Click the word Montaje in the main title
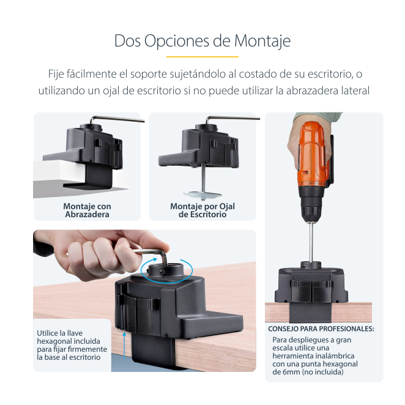[262, 42]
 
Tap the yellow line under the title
[202, 56]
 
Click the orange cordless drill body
[313, 154]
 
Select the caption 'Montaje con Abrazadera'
[87, 210]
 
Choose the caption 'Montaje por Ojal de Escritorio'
[202, 210]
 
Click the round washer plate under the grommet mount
[202, 195]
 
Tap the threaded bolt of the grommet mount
[204, 178]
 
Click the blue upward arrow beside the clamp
[124, 346]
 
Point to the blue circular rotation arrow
[166, 281]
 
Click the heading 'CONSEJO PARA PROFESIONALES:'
[321, 329]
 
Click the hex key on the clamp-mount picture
[117, 119]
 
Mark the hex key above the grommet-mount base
[232, 119]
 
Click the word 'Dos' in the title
[128, 42]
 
